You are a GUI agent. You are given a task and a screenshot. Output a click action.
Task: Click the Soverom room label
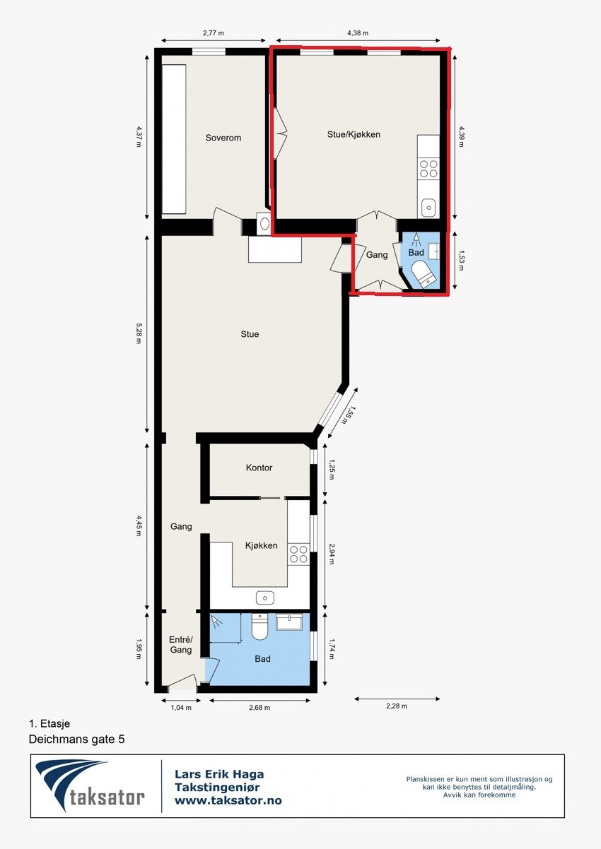click(223, 138)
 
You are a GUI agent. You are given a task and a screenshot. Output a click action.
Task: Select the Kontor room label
click(259, 468)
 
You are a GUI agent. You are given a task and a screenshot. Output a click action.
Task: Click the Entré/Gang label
click(180, 645)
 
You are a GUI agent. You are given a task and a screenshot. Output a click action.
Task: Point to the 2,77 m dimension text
click(213, 32)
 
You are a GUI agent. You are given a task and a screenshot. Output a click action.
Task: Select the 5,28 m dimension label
click(139, 334)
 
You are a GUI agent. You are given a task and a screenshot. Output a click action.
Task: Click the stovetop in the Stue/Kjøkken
click(428, 168)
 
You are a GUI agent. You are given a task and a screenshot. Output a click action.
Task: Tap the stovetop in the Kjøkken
click(298, 554)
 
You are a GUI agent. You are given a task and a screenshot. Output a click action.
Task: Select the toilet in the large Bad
click(259, 626)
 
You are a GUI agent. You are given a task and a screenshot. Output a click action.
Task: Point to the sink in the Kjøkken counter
click(265, 598)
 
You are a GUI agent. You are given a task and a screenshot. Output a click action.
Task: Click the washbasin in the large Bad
click(288, 622)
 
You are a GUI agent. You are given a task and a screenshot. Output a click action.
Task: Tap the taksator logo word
click(107, 798)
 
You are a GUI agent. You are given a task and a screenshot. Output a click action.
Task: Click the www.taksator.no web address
click(228, 800)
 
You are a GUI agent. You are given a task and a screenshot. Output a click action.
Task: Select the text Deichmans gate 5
click(76, 740)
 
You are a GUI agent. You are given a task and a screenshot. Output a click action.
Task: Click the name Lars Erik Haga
click(219, 775)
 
